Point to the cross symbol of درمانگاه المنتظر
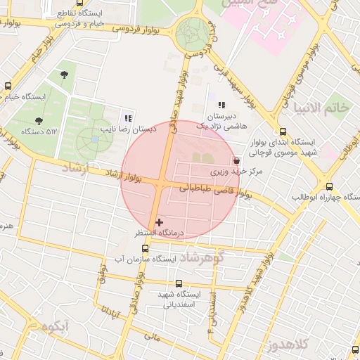pyautogui.click(x=159, y=222)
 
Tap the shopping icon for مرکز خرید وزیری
pyautogui.click(x=236, y=160)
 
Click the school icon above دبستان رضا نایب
pyautogui.click(x=127, y=118)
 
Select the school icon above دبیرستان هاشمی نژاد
pyautogui.click(x=221, y=105)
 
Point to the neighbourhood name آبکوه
pyautogui.click(x=55, y=326)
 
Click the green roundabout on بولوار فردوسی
pyautogui.click(x=193, y=32)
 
